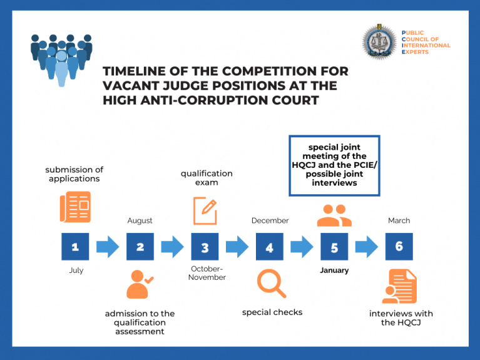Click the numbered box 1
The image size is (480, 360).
click(75, 247)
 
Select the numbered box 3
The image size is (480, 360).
click(205, 247)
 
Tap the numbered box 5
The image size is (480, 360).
click(334, 247)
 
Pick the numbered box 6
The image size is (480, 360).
click(399, 247)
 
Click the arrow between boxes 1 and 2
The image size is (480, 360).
click(108, 247)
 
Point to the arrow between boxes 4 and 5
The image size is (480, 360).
click(302, 247)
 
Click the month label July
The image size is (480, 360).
click(76, 270)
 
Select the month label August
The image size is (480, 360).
click(140, 220)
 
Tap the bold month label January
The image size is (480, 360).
click(334, 270)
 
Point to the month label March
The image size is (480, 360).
click(399, 220)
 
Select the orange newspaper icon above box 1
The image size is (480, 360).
click(75, 207)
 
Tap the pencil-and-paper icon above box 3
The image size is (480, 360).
click(205, 211)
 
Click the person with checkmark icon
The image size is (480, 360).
click(140, 284)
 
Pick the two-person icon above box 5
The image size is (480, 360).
click(334, 216)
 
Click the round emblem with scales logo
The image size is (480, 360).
click(380, 42)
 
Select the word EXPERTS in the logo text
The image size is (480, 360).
click(415, 52)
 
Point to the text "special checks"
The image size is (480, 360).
click(272, 312)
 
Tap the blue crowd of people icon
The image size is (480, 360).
click(61, 59)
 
